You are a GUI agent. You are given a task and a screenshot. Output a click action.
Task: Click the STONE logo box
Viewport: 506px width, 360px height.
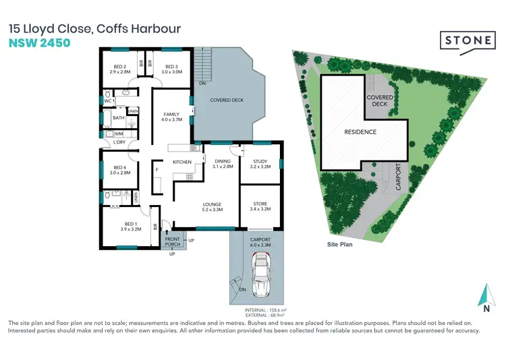pos(468,40)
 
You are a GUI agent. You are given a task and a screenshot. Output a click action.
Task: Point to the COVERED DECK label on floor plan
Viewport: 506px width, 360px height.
pos(226,100)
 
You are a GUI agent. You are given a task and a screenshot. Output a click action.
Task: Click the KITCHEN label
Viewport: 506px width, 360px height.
pos(183,162)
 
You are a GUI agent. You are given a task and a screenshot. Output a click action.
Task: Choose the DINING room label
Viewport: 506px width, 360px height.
pos(223,162)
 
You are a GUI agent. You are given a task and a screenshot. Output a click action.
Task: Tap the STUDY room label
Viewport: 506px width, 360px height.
pos(260,162)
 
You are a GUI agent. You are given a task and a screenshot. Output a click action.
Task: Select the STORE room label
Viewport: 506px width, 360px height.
pos(260,205)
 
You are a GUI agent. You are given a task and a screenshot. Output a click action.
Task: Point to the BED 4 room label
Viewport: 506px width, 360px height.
pos(120,169)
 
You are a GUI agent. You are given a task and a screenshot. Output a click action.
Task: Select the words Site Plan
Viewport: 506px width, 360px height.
pos(340,245)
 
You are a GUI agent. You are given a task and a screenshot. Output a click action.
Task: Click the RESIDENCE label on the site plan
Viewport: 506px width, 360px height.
pos(360,131)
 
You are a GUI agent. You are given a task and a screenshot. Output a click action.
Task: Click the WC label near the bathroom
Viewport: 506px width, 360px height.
pos(107,101)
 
